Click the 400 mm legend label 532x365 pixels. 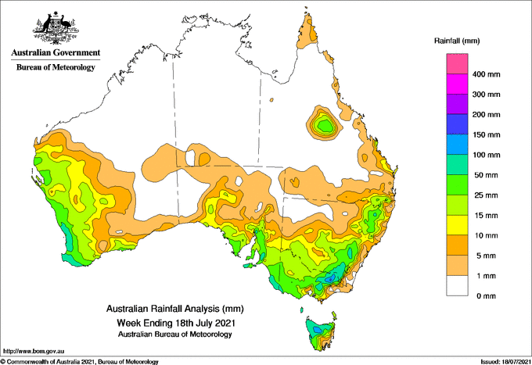click(x=486, y=74)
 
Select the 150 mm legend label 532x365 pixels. click(x=486, y=135)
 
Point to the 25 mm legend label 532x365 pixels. click(x=486, y=195)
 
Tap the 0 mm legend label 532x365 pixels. click(x=486, y=296)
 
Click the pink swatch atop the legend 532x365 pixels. click(x=457, y=64)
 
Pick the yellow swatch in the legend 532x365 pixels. click(x=457, y=225)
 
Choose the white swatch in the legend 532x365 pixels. click(x=457, y=286)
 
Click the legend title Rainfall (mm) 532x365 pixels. click(x=457, y=41)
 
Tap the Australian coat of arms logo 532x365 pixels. click(x=56, y=28)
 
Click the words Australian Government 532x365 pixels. click(x=56, y=52)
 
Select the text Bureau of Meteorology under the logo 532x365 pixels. click(x=56, y=67)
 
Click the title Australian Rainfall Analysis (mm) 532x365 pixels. click(x=175, y=309)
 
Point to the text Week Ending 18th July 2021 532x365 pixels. click(x=176, y=323)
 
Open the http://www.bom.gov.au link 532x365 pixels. click(x=34, y=352)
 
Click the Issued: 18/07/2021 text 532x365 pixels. click(x=505, y=362)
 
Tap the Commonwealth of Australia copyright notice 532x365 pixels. click(x=79, y=362)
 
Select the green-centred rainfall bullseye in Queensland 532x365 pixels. click(x=324, y=123)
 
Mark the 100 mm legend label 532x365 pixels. click(x=486, y=155)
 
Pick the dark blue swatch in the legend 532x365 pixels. click(x=457, y=124)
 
